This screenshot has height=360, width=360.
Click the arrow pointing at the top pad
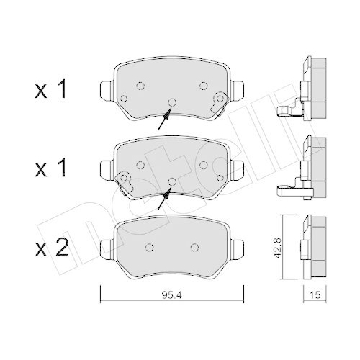click(165, 115)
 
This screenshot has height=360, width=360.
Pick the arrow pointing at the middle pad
click(165, 195)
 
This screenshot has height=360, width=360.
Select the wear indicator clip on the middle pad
click(125, 180)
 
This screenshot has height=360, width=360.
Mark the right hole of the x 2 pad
click(194, 247)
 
